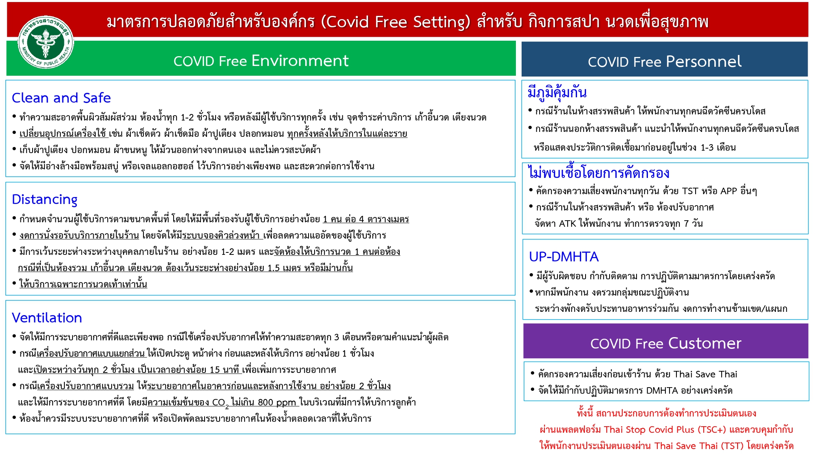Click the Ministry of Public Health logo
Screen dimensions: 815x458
pos(46,42)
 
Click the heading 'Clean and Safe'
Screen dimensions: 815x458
pos(61,98)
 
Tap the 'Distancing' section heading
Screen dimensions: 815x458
pos(44,199)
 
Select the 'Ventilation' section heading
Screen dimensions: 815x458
pos(47,318)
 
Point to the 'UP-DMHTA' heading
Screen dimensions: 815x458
pos(564,256)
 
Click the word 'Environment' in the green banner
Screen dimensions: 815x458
pos(300,61)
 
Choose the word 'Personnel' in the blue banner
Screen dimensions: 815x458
pos(704,61)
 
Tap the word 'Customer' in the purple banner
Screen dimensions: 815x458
pos(705,343)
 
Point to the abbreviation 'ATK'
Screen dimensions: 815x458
pos(567,224)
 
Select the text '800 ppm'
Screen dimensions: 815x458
pos(277,403)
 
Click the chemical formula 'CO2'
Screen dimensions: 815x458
pos(220,403)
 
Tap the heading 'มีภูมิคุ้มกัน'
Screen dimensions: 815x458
pos(557,92)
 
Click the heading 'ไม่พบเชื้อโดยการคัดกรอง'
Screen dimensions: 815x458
pos(599,173)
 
